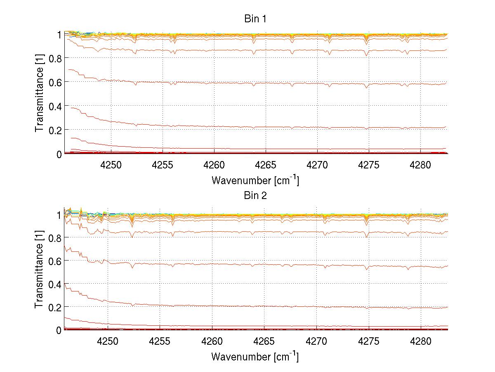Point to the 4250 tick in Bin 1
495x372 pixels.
(x=111, y=165)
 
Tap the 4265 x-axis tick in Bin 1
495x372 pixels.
(x=265, y=165)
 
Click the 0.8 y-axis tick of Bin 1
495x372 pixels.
(x=55, y=58)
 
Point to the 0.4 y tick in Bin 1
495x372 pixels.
(x=55, y=106)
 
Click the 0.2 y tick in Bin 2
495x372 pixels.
(x=55, y=307)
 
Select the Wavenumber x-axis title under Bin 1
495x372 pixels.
(x=255, y=180)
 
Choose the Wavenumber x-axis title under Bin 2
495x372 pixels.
(x=255, y=356)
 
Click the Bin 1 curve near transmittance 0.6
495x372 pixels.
(x=289, y=83)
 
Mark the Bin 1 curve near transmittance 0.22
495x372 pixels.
(x=289, y=127)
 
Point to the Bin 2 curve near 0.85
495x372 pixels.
(x=289, y=232)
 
